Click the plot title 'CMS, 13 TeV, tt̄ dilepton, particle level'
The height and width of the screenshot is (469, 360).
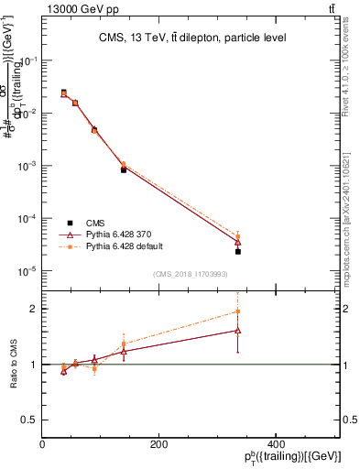coord(191,38)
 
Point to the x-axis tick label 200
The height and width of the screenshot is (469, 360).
coord(159,443)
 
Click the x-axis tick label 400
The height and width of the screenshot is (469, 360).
coord(277,443)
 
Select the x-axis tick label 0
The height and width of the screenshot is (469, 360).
coord(42,443)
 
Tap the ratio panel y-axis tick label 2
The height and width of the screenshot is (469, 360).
coord(33,309)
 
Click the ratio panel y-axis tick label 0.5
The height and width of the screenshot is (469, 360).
coord(29,420)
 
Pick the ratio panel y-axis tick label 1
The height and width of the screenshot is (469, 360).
coord(33,365)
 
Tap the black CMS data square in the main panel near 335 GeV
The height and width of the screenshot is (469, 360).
coord(237,251)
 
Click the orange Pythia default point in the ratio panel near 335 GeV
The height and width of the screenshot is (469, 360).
coord(237,311)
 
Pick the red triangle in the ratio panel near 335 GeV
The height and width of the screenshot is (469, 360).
coord(237,330)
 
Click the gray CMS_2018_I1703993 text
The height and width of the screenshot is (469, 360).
coord(191,274)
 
